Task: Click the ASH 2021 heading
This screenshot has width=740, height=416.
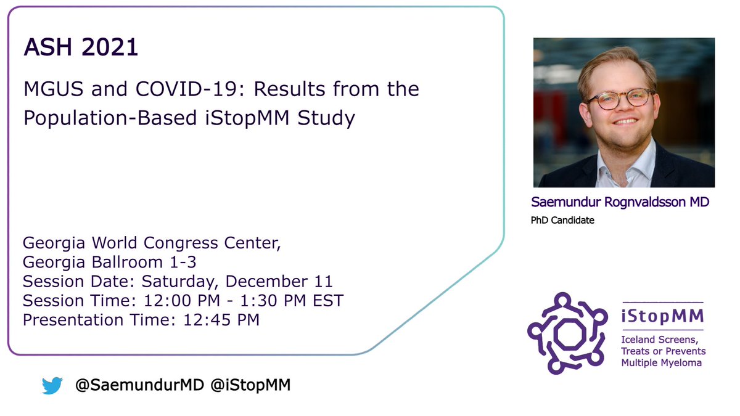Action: click(x=81, y=47)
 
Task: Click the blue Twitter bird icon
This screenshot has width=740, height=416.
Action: click(x=52, y=386)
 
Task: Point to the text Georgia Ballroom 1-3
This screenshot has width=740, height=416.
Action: click(x=110, y=262)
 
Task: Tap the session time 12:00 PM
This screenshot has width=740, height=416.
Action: click(x=177, y=301)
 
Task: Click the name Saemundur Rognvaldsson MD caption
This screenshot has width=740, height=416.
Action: click(x=620, y=203)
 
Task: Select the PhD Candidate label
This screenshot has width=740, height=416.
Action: click(x=562, y=220)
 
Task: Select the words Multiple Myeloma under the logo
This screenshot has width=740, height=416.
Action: click(x=661, y=363)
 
